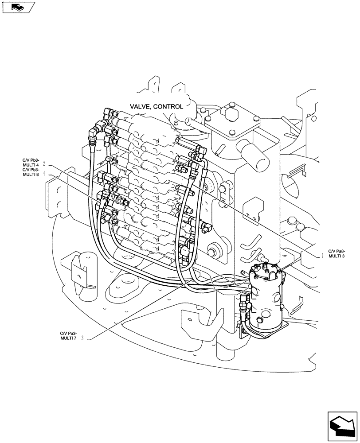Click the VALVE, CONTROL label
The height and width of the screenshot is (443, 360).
156,106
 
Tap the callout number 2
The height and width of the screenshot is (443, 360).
44,163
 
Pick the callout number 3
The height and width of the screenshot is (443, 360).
82,339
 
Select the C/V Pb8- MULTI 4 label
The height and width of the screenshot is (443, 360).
31,163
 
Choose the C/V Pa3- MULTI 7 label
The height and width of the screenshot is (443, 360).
68,336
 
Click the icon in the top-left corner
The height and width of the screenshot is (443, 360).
18,7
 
